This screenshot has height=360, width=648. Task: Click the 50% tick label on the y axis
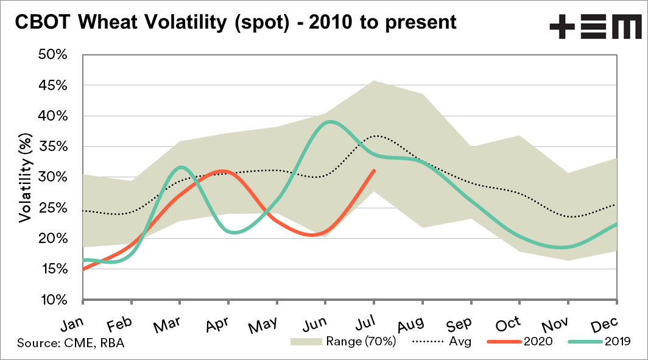[x=54, y=55]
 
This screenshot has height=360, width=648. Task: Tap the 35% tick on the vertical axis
[x=54, y=147]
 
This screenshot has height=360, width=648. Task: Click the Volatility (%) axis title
[x=24, y=177]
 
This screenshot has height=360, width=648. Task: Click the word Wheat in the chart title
[x=117, y=22]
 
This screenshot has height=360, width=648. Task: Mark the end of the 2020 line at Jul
[x=374, y=171]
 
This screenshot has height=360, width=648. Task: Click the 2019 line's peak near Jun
[x=329, y=121]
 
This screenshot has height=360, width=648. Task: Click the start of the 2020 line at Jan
[x=83, y=269]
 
